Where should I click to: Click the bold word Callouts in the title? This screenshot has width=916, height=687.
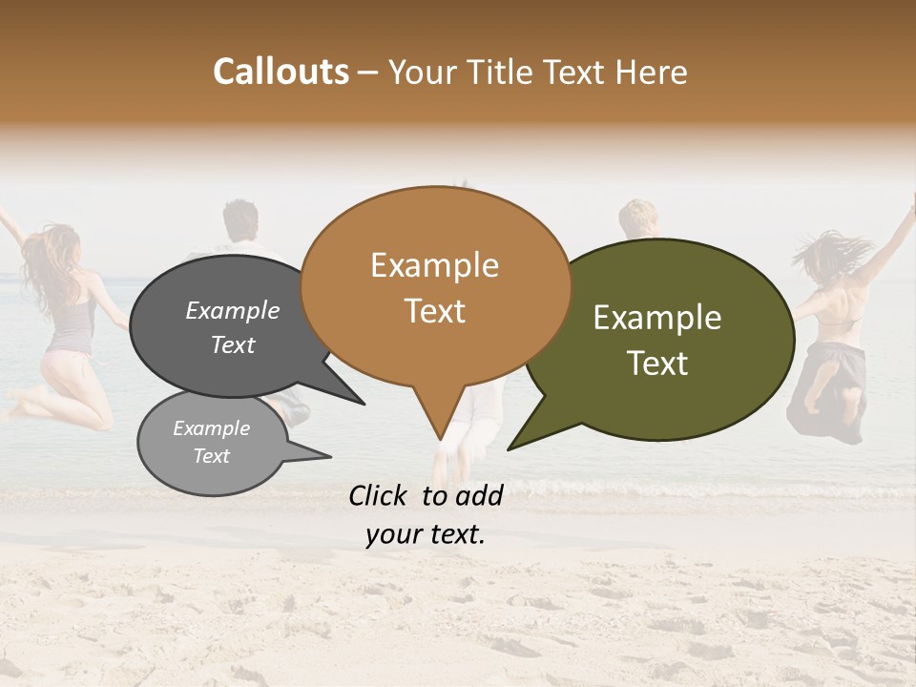pyautogui.click(x=281, y=72)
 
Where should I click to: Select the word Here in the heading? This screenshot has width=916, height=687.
pyautogui.click(x=648, y=72)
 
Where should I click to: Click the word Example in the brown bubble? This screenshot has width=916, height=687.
pyautogui.click(x=434, y=265)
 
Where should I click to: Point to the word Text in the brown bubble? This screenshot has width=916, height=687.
pyautogui.click(x=434, y=311)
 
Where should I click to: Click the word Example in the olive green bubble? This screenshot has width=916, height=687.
pyautogui.click(x=657, y=318)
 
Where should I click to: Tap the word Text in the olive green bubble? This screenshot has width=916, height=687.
pyautogui.click(x=657, y=364)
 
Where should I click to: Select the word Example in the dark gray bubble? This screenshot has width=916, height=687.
pyautogui.click(x=232, y=311)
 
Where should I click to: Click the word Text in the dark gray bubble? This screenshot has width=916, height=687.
pyautogui.click(x=232, y=344)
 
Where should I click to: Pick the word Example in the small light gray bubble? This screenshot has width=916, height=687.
pyautogui.click(x=211, y=428)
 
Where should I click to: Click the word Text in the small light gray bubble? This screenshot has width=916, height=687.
pyautogui.click(x=211, y=456)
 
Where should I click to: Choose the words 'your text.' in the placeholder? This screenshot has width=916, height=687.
pyautogui.click(x=425, y=534)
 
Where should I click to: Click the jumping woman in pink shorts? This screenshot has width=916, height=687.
pyautogui.click(x=67, y=324)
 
